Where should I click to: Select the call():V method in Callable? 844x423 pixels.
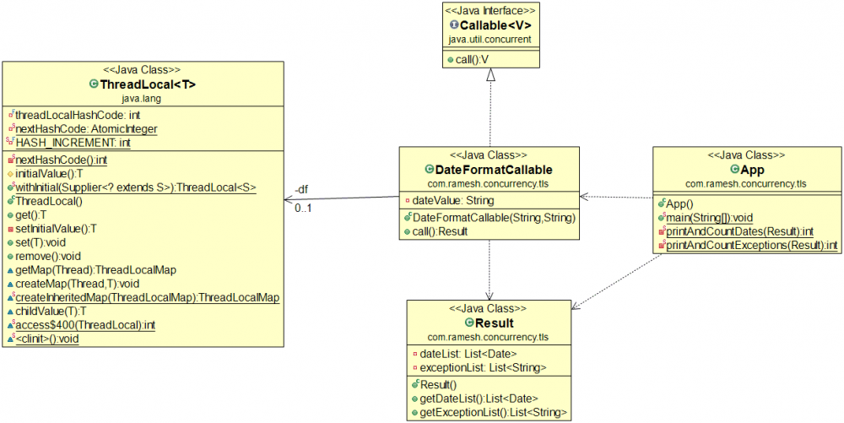pyautogui.click(x=468, y=60)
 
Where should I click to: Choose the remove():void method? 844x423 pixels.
pyautogui.click(x=48, y=256)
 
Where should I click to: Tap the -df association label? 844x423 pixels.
pyautogui.click(x=301, y=189)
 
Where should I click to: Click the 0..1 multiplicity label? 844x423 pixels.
pyautogui.click(x=302, y=208)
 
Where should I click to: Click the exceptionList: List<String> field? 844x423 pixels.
pyautogui.click(x=479, y=368)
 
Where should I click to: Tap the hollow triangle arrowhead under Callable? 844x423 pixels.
pyautogui.click(x=490, y=76)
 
